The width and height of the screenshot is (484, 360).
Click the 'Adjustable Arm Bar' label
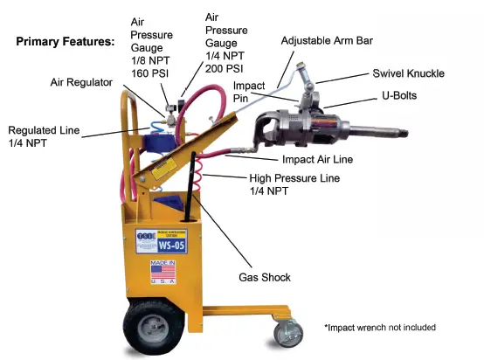pyautogui.click(x=332, y=40)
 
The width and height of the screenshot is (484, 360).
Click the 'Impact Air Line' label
pyautogui.click(x=318, y=159)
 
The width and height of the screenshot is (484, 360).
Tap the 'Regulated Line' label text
pyautogui.click(x=43, y=130)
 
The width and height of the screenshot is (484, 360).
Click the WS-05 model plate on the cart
pyautogui.click(x=155, y=242)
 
